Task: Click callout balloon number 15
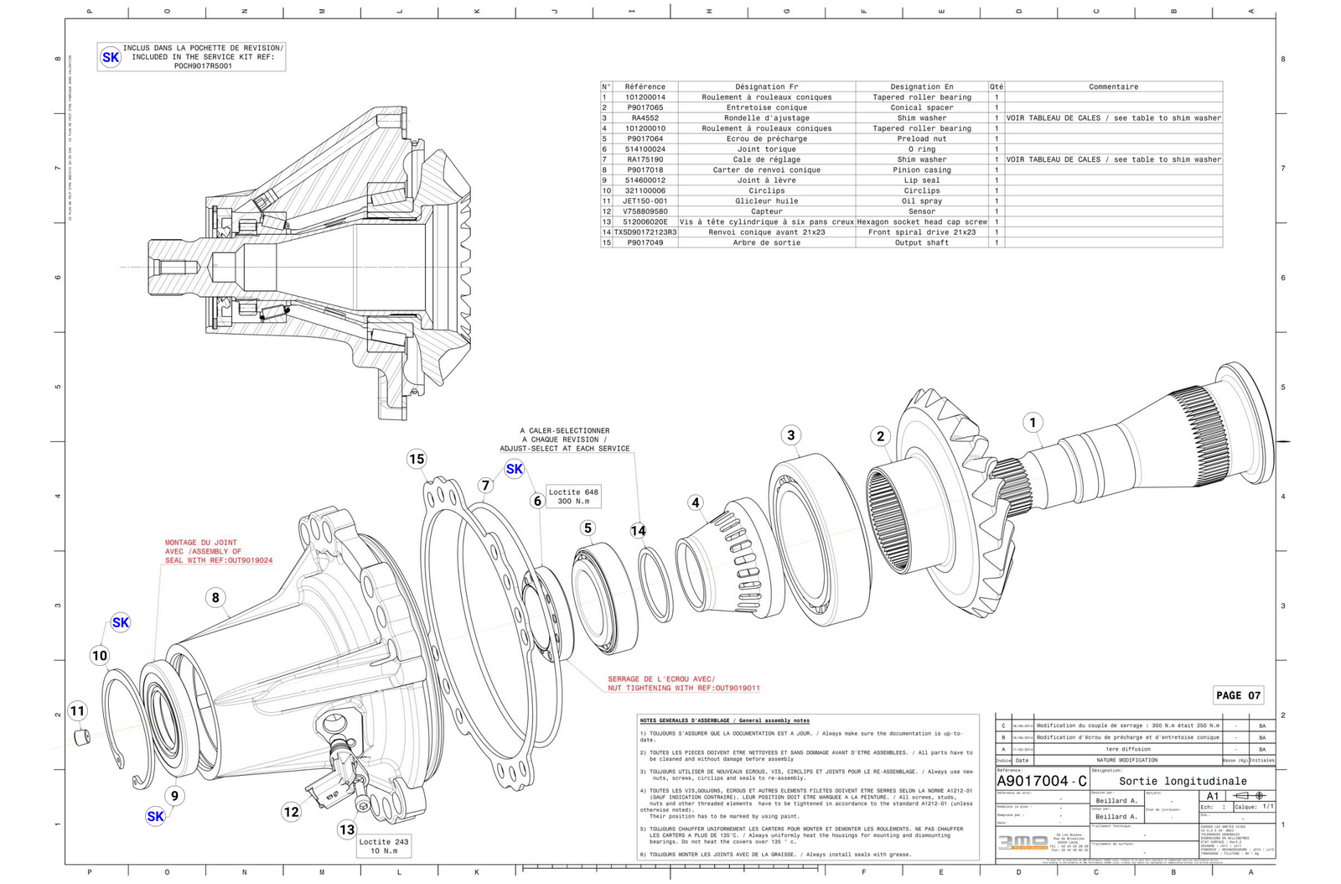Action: point(417,459)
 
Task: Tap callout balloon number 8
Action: point(215,597)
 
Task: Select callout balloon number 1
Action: point(1033,422)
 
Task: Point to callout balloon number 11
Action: point(77,711)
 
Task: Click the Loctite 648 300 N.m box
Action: point(573,497)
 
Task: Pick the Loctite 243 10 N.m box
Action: point(384,845)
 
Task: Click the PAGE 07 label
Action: point(1238,695)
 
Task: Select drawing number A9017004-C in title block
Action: point(1042,781)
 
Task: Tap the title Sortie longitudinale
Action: point(1183,781)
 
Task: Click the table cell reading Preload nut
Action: point(921,138)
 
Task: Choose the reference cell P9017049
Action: point(645,242)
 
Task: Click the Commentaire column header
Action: point(1113,86)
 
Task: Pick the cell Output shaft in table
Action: point(921,242)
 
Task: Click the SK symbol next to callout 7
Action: point(515,469)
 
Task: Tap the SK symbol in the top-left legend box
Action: point(111,57)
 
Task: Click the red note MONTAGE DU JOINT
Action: point(201,543)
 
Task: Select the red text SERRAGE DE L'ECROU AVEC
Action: point(660,679)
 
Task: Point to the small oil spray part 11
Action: point(81,737)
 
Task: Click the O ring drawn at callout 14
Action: point(655,585)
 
